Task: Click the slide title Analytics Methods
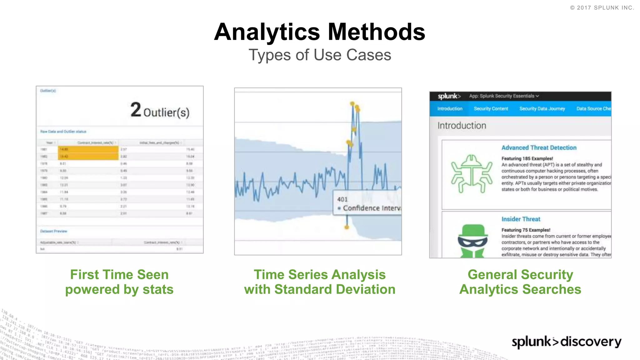click(x=319, y=32)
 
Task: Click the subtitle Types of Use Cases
click(x=319, y=55)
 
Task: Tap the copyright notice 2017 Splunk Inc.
click(x=602, y=8)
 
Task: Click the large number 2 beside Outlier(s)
click(x=136, y=110)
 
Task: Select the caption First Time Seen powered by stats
click(x=119, y=282)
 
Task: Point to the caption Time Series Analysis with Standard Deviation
click(x=319, y=282)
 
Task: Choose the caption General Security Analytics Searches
click(x=520, y=282)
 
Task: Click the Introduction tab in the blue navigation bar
click(x=450, y=109)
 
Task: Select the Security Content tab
click(x=491, y=109)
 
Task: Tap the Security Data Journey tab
click(x=542, y=109)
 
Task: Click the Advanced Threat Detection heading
click(x=539, y=148)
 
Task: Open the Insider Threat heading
click(x=521, y=219)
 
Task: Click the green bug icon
click(x=472, y=174)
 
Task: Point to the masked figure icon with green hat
click(x=472, y=241)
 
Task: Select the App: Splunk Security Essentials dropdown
click(x=504, y=96)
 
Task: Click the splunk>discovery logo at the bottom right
click(x=566, y=342)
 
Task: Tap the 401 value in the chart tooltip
click(x=342, y=199)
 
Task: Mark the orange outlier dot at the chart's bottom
click(x=347, y=227)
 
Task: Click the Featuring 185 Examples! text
click(x=527, y=158)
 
